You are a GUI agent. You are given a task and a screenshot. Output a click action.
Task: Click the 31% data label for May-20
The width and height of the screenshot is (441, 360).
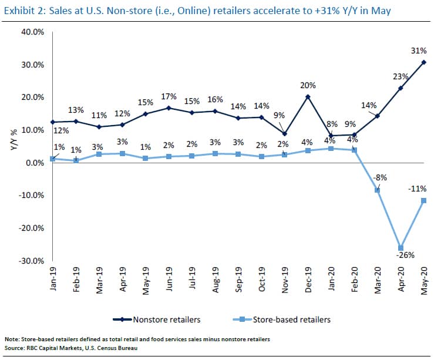[419, 51]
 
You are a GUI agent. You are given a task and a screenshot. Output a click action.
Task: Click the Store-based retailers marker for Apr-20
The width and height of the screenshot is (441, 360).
[401, 248]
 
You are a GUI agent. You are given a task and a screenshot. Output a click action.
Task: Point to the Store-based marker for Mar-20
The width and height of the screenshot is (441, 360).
[378, 190]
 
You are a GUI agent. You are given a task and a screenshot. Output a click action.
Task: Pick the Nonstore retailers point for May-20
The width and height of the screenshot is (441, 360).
[424, 62]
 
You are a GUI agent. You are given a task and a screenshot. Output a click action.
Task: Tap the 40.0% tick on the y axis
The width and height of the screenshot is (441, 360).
[33, 32]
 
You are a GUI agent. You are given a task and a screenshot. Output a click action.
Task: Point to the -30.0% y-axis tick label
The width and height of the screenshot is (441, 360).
[32, 261]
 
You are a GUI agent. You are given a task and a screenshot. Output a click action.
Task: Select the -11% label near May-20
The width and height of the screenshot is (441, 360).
[417, 189]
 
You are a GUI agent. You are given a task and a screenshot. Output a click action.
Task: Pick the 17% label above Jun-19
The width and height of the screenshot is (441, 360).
[169, 97]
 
